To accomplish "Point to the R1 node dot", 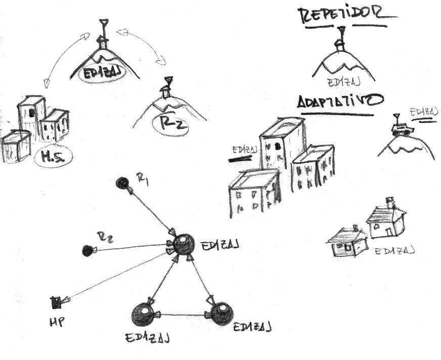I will point(122,183).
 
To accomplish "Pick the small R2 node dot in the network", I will point(88,250).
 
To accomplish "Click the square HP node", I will point(56,302).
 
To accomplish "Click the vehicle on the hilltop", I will point(403,128).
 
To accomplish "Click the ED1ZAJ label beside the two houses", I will point(394,250).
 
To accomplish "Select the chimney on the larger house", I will point(389,202).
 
